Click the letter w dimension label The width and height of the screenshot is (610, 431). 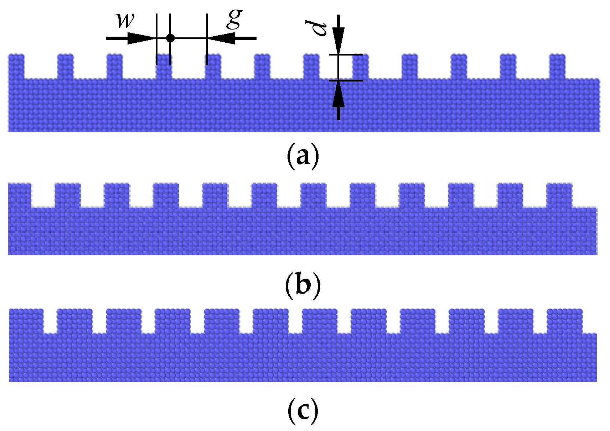coord(125,21)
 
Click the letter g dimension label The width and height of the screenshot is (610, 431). coord(234,19)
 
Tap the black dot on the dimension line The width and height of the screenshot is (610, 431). coord(170,38)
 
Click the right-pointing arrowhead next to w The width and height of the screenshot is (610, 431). coord(141,38)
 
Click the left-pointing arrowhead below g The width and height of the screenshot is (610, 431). coord(222,38)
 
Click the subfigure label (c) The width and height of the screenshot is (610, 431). coord(303,411)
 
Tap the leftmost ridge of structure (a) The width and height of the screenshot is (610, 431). coord(16,66)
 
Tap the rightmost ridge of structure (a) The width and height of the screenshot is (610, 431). coord(557,66)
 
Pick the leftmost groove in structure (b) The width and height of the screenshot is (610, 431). coord(43,195)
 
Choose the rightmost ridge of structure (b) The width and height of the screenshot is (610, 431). coord(559,195)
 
